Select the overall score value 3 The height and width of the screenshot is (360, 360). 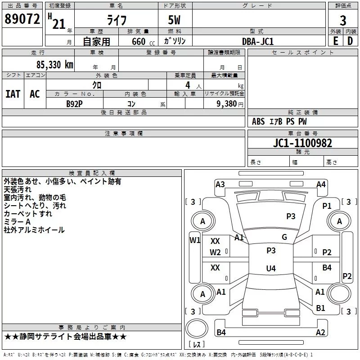tap(343, 20)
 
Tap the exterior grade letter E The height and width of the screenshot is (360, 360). tap(335, 40)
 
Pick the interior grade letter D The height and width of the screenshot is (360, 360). tap(350, 40)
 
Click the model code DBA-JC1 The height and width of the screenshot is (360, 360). tap(258, 41)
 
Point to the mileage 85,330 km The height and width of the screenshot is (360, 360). tap(52, 64)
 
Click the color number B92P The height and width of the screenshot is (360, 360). tap(74, 103)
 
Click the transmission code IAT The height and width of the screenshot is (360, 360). tap(13, 94)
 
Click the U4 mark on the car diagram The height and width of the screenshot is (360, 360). tap(270, 269)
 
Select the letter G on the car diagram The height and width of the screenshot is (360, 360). tap(284, 237)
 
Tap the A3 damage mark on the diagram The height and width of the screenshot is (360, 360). tap(220, 184)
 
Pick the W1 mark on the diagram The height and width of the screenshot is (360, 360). tap(195, 240)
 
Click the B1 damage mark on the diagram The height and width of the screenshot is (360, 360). tap(320, 308)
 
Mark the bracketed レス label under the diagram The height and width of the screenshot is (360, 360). tap(197, 344)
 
